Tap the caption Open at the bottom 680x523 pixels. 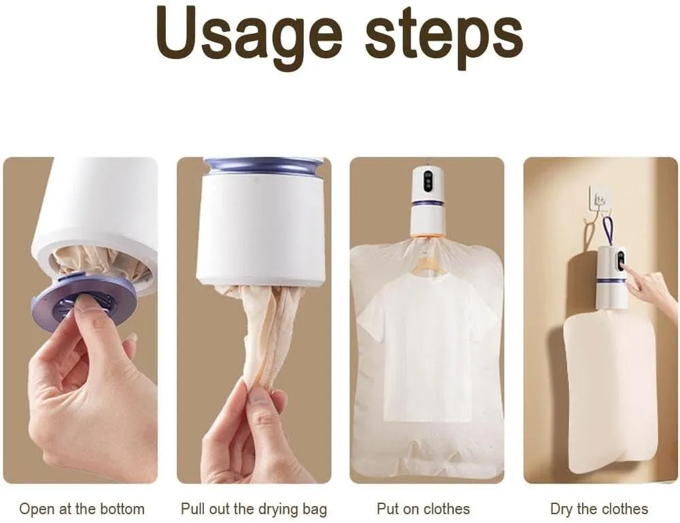pyautogui.click(x=82, y=509)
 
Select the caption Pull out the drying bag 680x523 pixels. pyautogui.click(x=254, y=509)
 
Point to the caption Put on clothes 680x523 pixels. pyautogui.click(x=423, y=509)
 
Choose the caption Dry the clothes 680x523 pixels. pyautogui.click(x=599, y=509)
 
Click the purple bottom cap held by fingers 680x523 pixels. pyautogui.click(x=82, y=299)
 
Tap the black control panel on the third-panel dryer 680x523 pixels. pyautogui.click(x=428, y=182)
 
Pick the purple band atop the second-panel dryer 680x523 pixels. pyautogui.click(x=264, y=166)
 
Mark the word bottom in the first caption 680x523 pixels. pyautogui.click(x=122, y=509)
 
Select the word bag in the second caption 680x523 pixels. pyautogui.click(x=315, y=510)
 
